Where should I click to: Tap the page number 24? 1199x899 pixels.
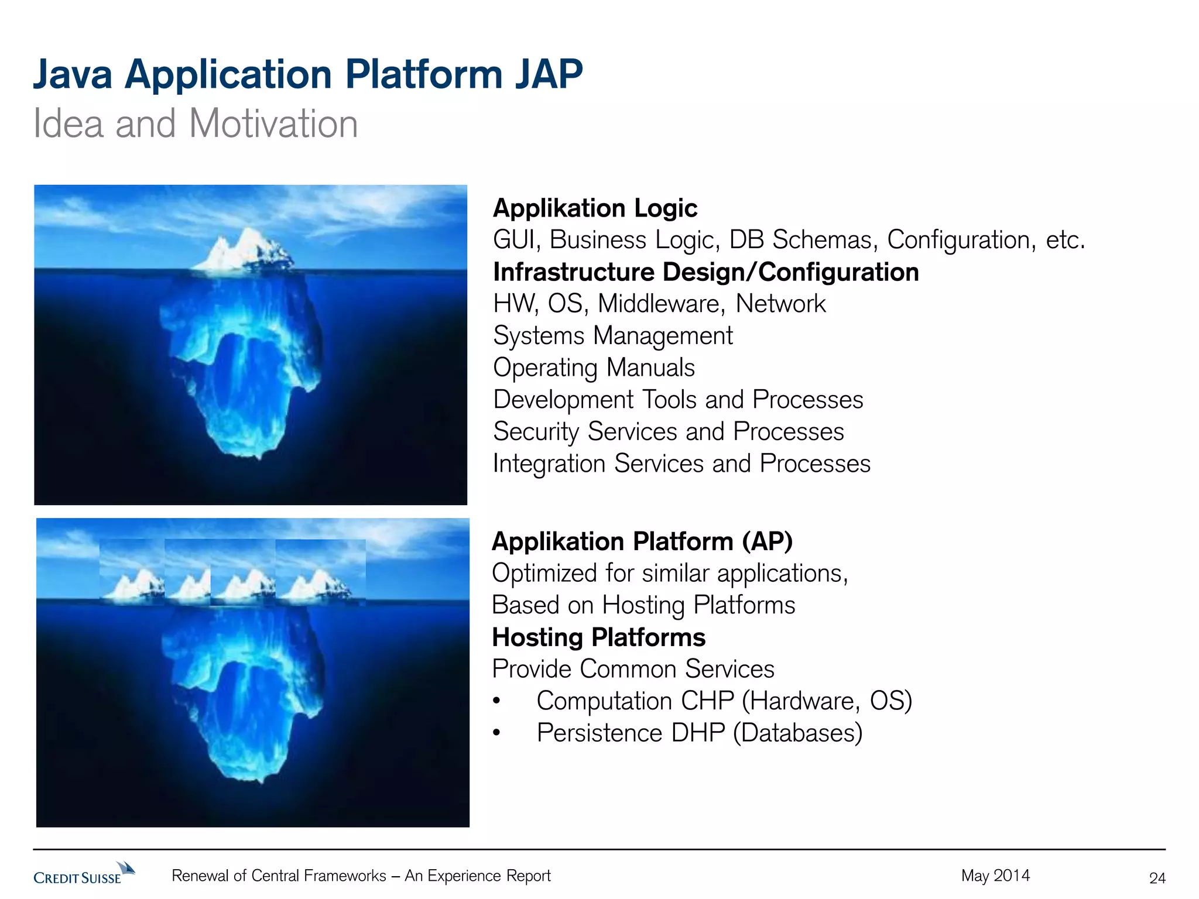coord(1157,878)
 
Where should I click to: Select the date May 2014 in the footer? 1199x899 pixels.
coord(995,876)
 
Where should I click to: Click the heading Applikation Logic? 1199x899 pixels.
coord(595,208)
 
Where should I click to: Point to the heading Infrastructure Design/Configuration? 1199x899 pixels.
coord(705,272)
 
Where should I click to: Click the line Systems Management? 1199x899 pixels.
coord(612,336)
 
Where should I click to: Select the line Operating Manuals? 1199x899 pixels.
coord(594,368)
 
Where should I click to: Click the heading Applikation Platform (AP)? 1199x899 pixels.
coord(642,541)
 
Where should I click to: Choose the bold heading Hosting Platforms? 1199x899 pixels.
coord(598,637)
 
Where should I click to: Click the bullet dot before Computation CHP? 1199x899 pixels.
coord(496,701)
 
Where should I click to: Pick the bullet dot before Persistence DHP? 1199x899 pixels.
coord(496,733)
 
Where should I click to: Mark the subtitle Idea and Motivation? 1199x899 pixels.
coord(196,124)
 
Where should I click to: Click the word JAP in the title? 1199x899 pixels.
coord(549,75)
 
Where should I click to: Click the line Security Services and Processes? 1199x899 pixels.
coord(668,432)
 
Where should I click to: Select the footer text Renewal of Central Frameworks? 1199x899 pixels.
coord(279,876)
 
